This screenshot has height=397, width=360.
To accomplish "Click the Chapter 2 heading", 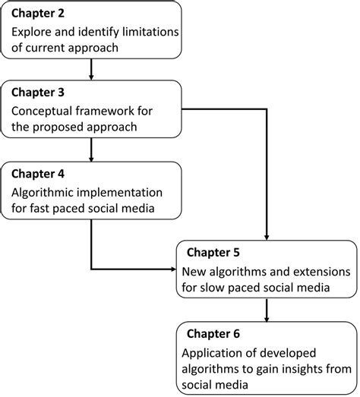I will (37, 14).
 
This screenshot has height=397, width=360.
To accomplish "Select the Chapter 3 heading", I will (37, 93).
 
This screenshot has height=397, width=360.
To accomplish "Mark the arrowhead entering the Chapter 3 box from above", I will (90, 76).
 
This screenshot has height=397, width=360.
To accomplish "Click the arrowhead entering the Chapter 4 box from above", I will (90, 157).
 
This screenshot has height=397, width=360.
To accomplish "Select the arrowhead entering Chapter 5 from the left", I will (172, 269).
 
